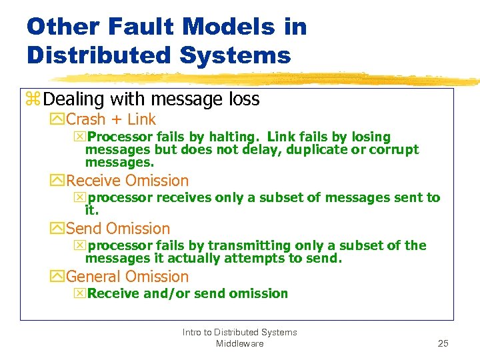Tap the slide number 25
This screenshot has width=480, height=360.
pyautogui.click(x=443, y=343)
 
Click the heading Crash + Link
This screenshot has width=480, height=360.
pyautogui.click(x=111, y=120)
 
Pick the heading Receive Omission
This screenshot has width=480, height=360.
pyautogui.click(x=127, y=181)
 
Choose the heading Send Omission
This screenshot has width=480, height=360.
pyautogui.click(x=118, y=229)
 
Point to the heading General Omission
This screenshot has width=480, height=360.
pyautogui.click(x=127, y=277)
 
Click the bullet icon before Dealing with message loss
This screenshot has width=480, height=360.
pyautogui.click(x=33, y=100)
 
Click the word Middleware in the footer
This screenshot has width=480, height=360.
pyautogui.click(x=239, y=343)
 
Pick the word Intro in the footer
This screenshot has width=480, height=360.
pyautogui.click(x=193, y=332)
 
